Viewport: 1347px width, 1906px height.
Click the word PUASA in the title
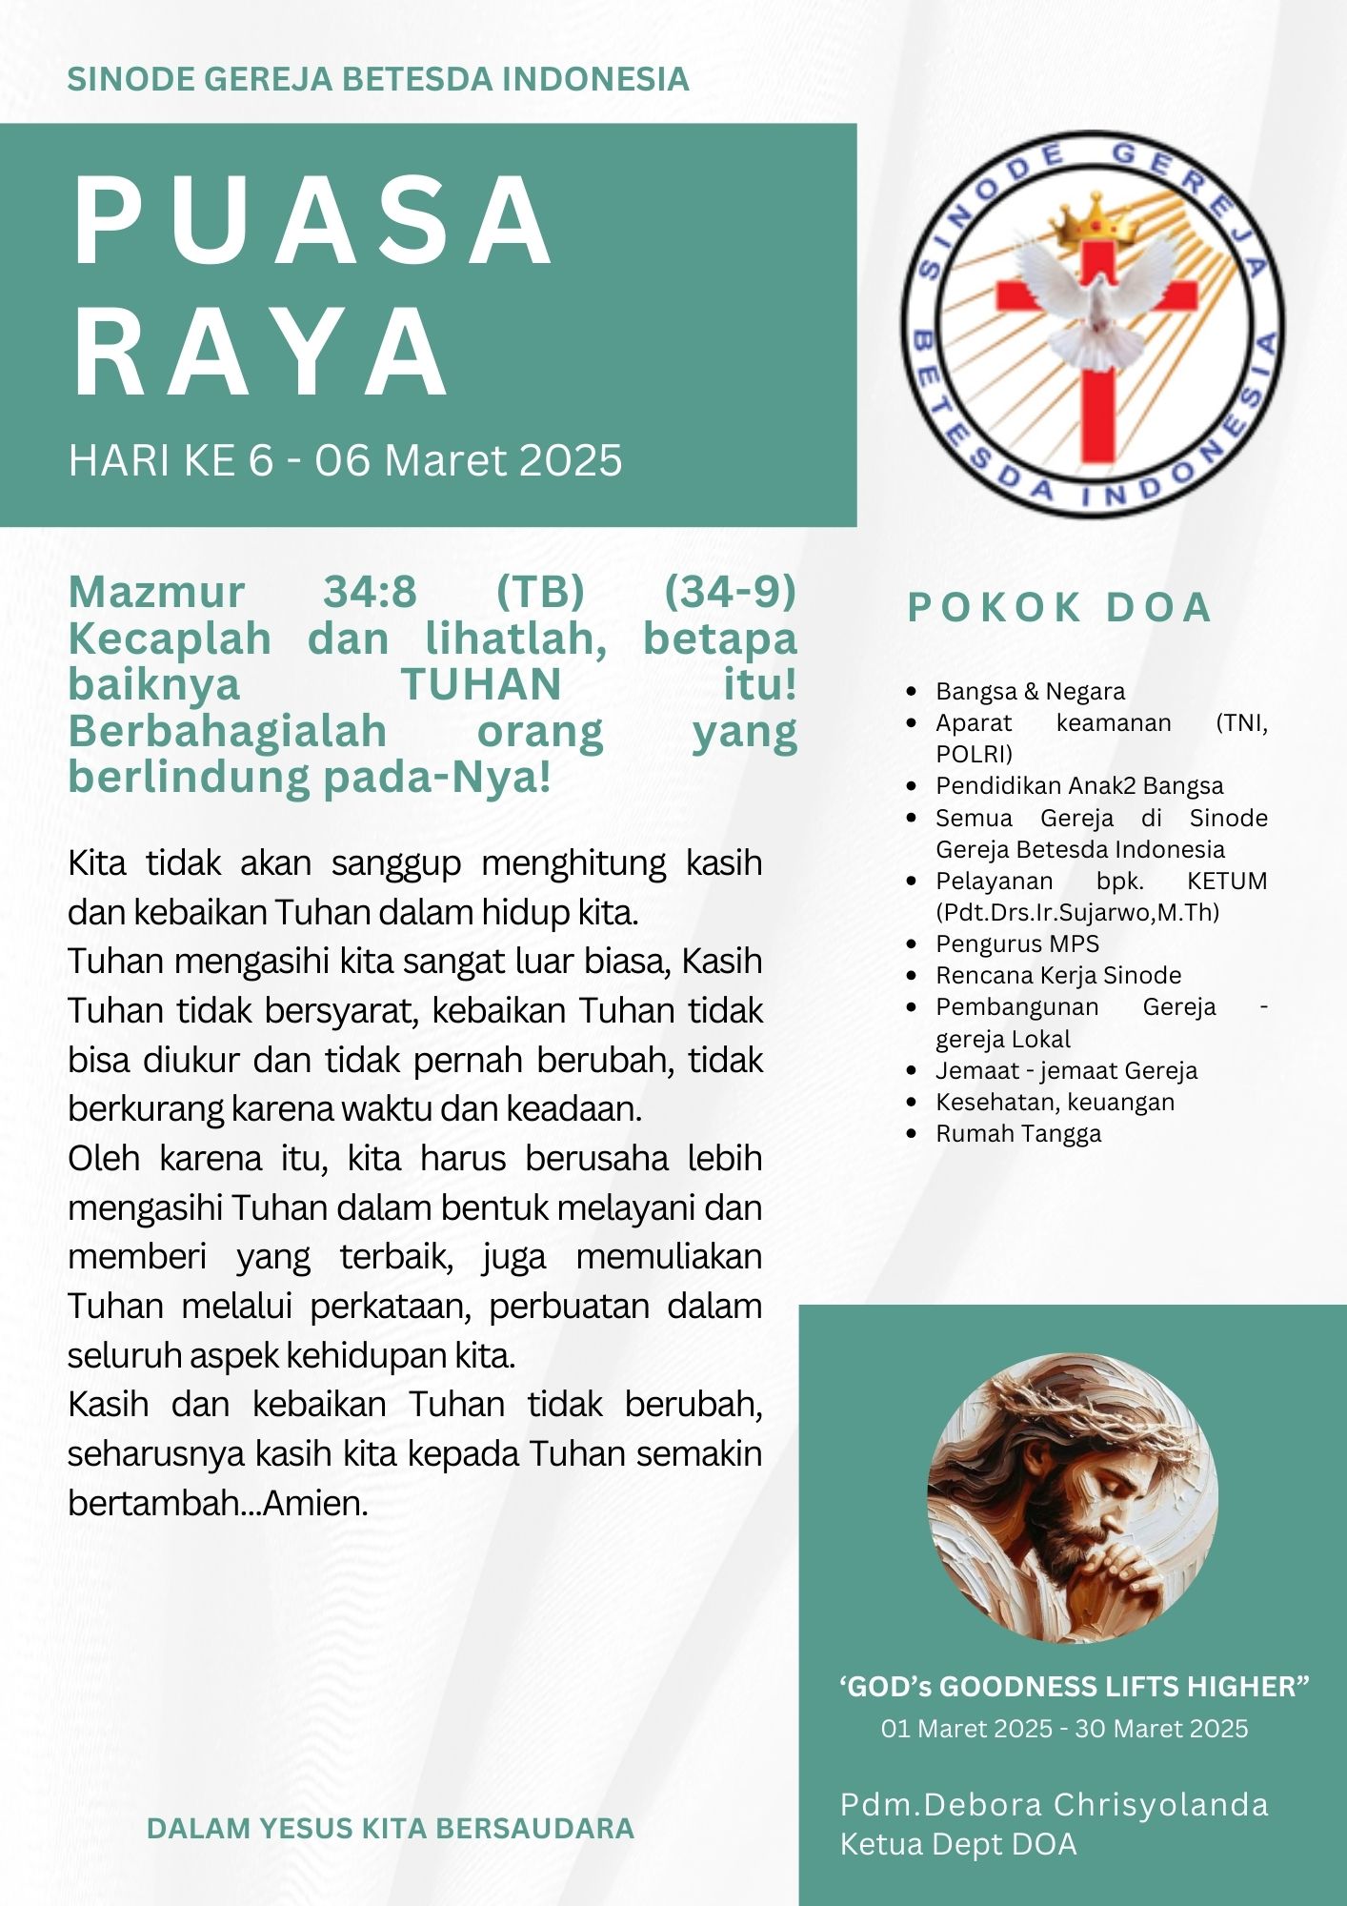coord(312,221)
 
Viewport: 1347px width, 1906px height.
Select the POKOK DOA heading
coord(1058,608)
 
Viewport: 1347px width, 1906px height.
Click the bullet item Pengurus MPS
coord(1016,943)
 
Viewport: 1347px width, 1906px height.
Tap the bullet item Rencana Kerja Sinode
coord(1057,975)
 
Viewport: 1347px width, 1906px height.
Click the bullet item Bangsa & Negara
coord(1029,691)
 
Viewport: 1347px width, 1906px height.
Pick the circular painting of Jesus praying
coord(1072,1497)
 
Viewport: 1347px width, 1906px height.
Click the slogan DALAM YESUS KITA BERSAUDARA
coord(391,1828)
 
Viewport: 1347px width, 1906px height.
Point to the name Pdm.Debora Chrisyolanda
coord(1054,1804)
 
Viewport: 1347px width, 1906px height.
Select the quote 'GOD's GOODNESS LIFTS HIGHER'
coord(1074,1687)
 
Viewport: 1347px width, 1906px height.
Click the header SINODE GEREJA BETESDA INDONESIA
coord(378,79)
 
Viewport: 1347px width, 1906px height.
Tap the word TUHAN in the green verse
coord(481,685)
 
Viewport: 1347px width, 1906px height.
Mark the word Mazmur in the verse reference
coord(156,592)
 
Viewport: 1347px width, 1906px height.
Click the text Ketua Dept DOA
coord(957,1844)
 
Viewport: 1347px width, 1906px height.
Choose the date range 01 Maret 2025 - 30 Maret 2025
coord(1064,1729)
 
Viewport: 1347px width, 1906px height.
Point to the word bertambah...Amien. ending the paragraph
coord(218,1503)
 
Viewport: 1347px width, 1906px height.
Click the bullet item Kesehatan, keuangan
coord(1055,1102)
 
